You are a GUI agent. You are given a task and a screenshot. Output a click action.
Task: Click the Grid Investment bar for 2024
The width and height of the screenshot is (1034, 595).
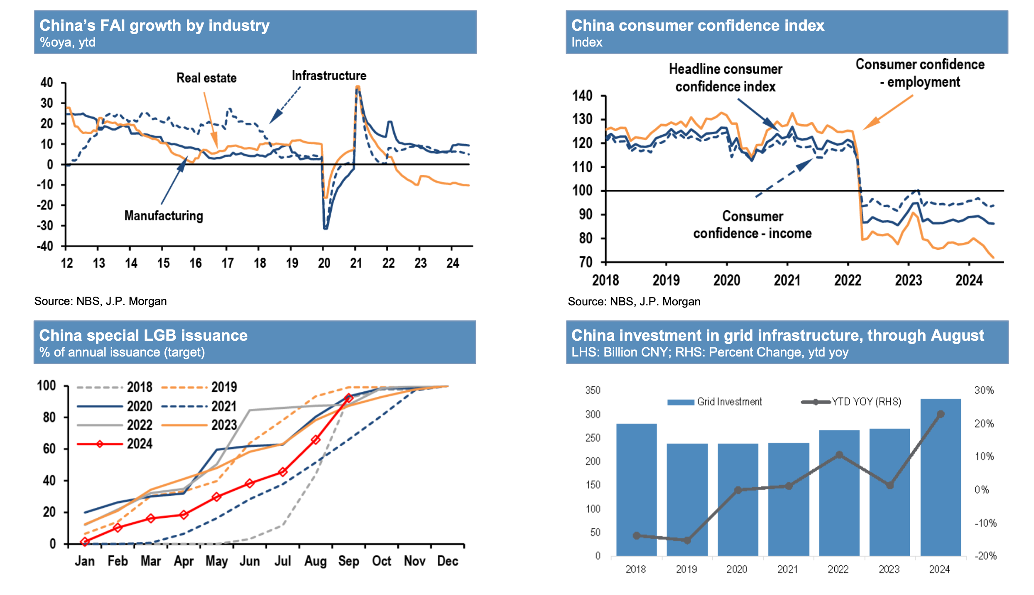(941, 478)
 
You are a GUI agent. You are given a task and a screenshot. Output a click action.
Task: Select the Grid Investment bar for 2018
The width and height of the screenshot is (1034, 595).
(636, 490)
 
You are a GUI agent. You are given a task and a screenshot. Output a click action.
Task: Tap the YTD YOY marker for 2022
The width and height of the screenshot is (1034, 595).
(839, 455)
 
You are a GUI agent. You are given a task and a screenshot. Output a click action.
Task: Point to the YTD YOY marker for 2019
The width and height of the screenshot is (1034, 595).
(687, 540)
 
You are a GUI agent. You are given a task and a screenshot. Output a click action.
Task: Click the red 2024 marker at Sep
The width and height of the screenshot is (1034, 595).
(349, 398)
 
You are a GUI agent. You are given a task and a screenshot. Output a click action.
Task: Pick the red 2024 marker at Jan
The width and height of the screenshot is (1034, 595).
(85, 541)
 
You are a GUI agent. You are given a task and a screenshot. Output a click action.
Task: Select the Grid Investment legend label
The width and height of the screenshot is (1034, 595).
(729, 402)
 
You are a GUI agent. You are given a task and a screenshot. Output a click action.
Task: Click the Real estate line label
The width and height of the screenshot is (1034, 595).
(206, 78)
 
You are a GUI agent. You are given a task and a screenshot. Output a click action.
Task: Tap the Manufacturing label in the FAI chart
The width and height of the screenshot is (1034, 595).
(164, 216)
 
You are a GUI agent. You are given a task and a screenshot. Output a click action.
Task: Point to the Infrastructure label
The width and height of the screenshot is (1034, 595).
(329, 76)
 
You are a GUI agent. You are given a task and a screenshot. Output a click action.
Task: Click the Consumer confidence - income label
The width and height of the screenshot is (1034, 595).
(752, 225)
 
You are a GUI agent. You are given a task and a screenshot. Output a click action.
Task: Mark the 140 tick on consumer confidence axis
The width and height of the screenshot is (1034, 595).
(582, 96)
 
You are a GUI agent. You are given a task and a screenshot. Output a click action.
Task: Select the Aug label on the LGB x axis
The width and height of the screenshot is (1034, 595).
(315, 561)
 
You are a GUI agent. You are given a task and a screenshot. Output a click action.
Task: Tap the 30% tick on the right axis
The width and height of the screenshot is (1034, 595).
(984, 390)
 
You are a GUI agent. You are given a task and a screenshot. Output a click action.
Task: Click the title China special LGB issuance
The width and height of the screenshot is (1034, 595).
(143, 335)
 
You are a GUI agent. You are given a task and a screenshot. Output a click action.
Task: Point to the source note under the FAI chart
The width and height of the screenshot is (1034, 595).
(100, 301)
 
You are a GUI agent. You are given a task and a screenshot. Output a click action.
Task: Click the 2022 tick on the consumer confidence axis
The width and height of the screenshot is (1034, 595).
(848, 280)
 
